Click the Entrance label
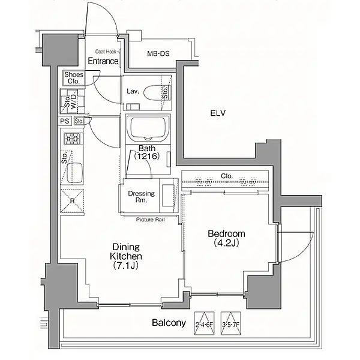click(103, 61)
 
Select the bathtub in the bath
click(148, 129)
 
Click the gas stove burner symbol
click(73, 139)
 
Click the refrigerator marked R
click(72, 201)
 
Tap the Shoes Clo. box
click(74, 78)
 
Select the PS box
click(65, 121)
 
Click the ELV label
click(218, 113)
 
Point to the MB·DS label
click(158, 53)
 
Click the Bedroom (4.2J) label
click(226, 238)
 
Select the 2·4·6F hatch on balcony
click(204, 323)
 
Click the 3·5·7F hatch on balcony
click(231, 323)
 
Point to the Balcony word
click(169, 323)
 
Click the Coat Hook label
click(106, 52)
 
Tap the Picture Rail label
click(151, 220)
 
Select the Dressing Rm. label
click(141, 197)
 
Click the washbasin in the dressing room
click(169, 195)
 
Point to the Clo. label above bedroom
click(227, 176)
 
